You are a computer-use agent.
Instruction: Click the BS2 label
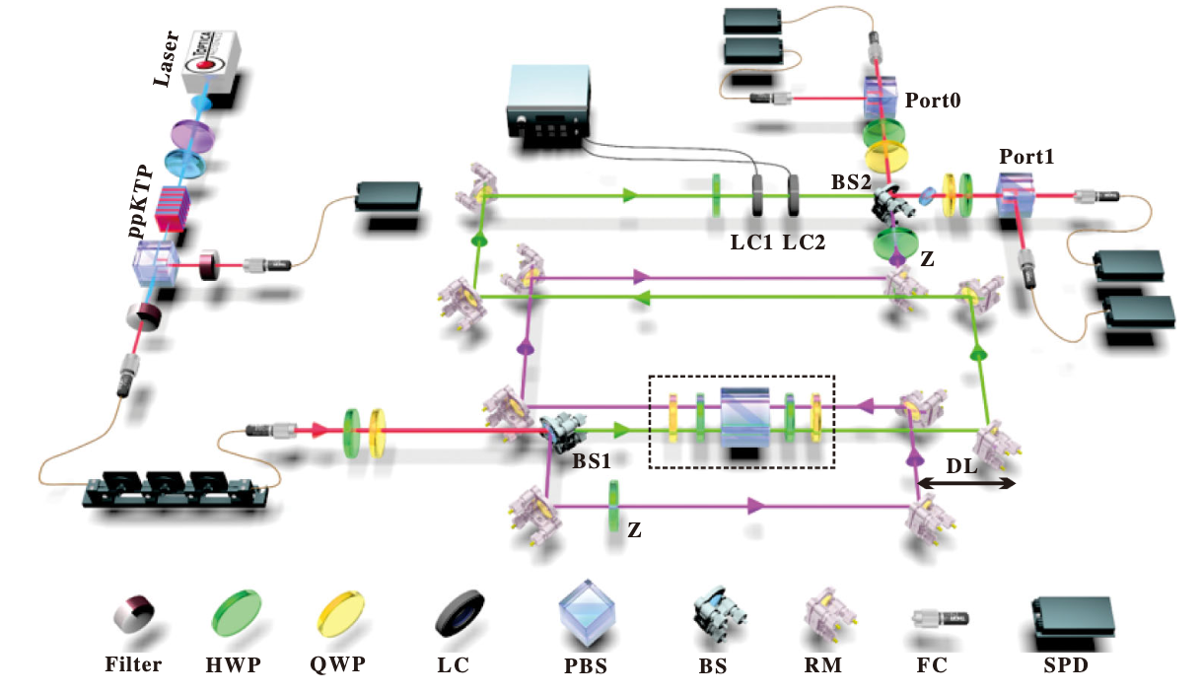point(850,181)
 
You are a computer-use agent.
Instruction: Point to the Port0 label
point(933,101)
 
